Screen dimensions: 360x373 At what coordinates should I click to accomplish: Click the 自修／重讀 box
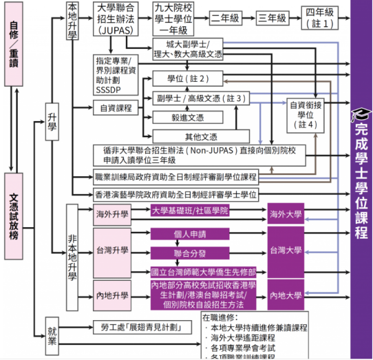(x=14, y=45)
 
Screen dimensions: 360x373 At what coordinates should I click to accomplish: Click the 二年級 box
(x=229, y=19)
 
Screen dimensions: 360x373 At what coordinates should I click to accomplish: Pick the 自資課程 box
(x=115, y=107)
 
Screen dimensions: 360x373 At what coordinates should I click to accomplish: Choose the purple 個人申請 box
(x=190, y=234)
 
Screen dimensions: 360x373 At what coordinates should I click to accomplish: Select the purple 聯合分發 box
(x=190, y=253)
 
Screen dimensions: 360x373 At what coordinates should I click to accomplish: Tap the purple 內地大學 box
(x=286, y=296)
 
